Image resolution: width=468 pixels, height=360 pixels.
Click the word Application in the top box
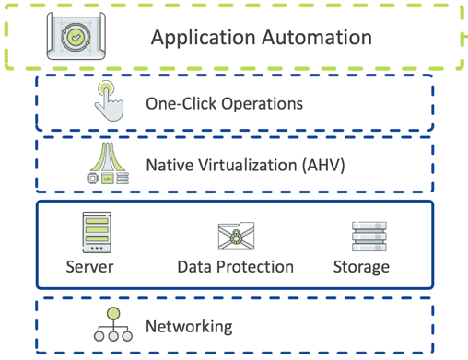[204, 38]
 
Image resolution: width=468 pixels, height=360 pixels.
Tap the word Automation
[317, 37]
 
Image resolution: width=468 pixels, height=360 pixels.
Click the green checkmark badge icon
[76, 38]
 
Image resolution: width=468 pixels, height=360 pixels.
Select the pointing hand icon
[109, 101]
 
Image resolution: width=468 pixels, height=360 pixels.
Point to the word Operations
[263, 104]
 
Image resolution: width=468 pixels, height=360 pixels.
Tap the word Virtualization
[248, 165]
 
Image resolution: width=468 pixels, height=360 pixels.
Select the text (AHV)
[323, 166]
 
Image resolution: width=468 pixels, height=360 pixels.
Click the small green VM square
[108, 179]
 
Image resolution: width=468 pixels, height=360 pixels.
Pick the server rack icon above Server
[97, 232]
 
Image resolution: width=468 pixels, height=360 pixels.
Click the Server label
[89, 267]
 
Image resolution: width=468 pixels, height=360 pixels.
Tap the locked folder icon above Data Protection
[236, 236]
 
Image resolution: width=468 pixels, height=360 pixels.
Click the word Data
[194, 267]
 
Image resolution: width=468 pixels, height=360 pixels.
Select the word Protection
[255, 267]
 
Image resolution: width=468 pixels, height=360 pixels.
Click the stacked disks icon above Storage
[369, 237]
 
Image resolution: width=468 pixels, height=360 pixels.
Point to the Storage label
[361, 267]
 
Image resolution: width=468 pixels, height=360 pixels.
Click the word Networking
[189, 327]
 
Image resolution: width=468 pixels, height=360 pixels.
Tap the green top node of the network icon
[113, 314]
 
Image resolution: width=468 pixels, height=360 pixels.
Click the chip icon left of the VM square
[92, 179]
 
